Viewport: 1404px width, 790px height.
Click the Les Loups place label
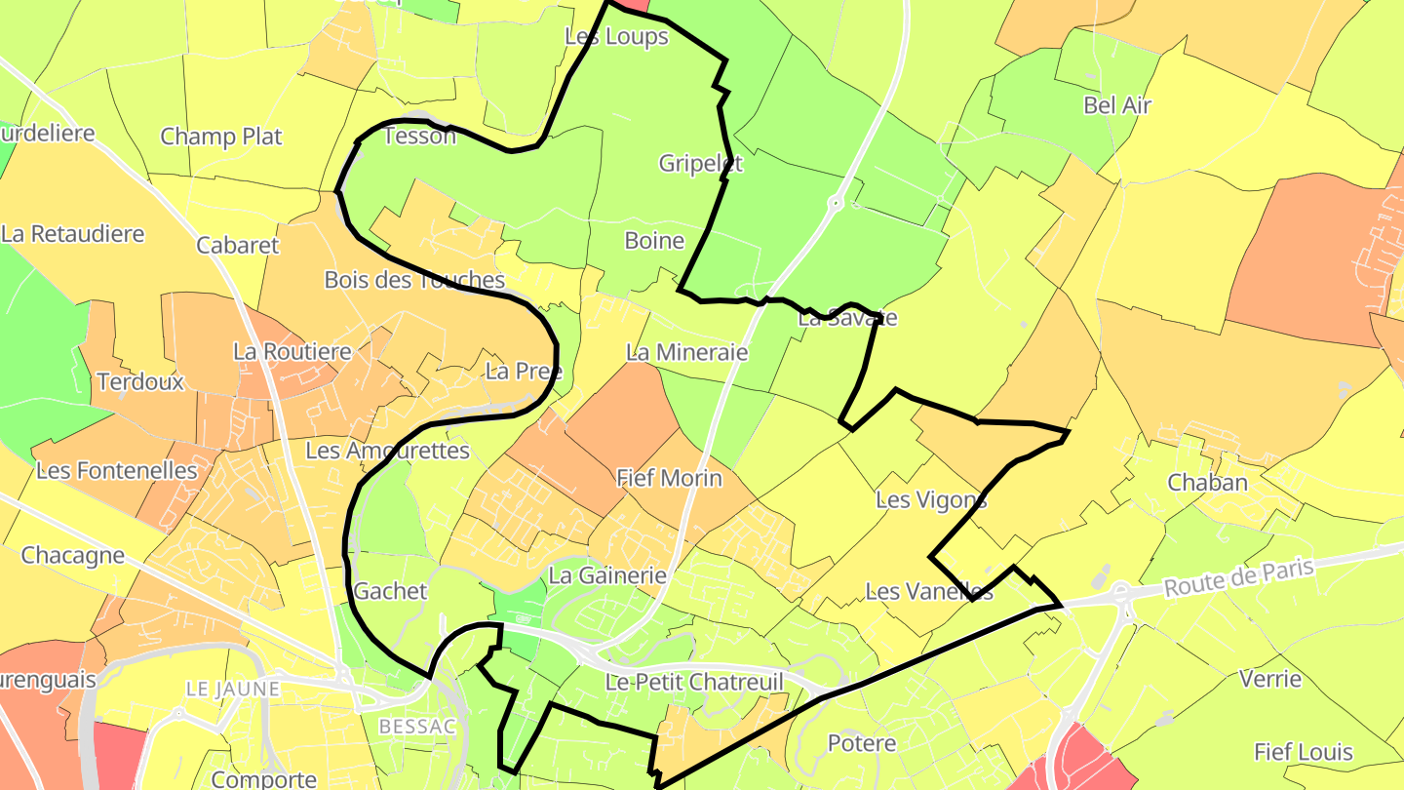click(616, 36)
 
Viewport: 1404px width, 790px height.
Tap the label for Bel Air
click(1117, 105)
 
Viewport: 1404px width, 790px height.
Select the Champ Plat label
click(220, 136)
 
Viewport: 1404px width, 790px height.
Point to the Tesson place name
click(419, 136)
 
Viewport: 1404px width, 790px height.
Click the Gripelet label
click(700, 163)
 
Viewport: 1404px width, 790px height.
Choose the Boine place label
click(653, 240)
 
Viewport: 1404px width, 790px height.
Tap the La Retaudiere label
click(72, 234)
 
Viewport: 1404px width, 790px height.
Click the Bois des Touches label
click(413, 280)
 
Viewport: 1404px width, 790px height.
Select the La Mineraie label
click(686, 352)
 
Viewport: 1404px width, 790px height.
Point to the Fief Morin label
click(669, 478)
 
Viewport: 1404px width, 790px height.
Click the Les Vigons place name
click(930, 500)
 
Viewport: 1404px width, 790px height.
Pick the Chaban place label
click(1207, 482)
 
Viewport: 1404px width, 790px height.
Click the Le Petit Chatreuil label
click(694, 682)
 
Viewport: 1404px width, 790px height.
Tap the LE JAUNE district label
click(232, 690)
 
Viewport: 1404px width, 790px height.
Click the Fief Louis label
click(1303, 752)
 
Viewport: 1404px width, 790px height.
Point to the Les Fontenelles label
click(116, 470)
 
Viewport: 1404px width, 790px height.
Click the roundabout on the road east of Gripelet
click(835, 203)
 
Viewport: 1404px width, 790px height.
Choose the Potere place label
click(861, 743)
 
